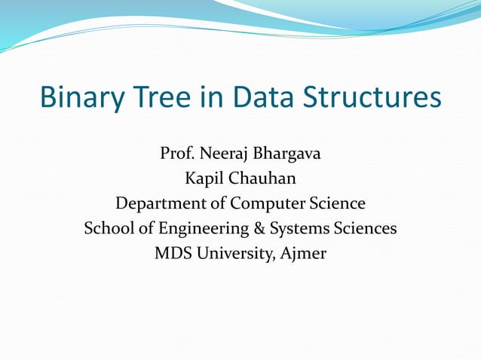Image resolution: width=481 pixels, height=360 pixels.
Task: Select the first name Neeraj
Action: pyautogui.click(x=225, y=154)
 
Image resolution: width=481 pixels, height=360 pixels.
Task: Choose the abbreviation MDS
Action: pyautogui.click(x=172, y=253)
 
